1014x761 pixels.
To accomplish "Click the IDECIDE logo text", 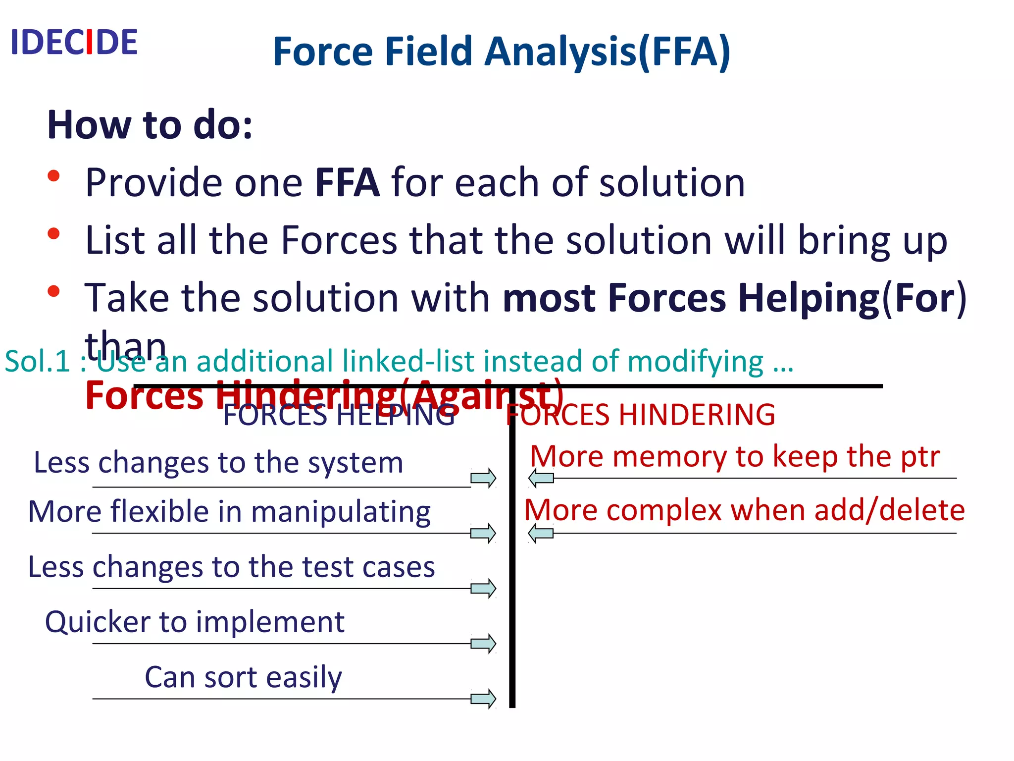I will (74, 43).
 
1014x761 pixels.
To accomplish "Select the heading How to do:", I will (150, 125).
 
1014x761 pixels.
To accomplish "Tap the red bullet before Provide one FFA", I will (54, 176).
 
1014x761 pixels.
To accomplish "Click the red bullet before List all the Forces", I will (54, 233).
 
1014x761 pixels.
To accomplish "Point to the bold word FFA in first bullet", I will (347, 183).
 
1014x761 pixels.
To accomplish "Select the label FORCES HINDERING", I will (641, 415).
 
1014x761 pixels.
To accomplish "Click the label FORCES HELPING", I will (339, 415).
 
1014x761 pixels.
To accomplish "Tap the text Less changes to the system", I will (218, 463).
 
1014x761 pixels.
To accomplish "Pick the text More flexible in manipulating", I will (229, 511).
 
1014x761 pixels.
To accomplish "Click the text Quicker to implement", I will (195, 622).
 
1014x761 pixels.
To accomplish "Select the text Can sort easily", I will (243, 677).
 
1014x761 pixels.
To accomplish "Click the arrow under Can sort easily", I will (483, 699).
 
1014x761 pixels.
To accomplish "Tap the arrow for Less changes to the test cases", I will (483, 589).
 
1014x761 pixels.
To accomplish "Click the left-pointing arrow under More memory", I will (541, 478).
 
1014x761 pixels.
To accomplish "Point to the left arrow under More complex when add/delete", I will (541, 533).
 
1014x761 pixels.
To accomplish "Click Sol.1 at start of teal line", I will (37, 361).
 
